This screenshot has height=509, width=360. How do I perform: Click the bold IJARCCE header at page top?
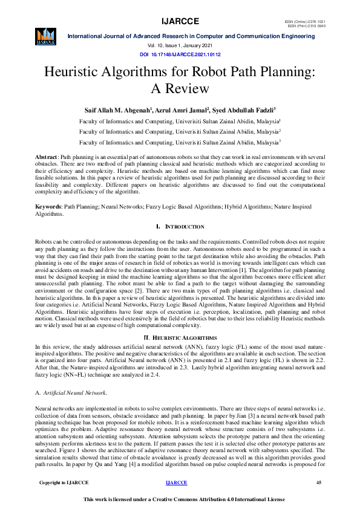[x=180, y=23]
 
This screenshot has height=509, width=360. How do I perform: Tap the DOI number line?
[x=180, y=54]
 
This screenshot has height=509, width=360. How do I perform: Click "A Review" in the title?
[x=180, y=89]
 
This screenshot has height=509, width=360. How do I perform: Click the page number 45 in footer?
[x=319, y=482]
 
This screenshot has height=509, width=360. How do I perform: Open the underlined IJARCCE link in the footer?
[x=176, y=482]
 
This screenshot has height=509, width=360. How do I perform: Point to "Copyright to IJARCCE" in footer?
[x=64, y=482]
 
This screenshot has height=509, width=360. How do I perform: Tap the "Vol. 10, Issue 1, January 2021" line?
[x=180, y=46]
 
